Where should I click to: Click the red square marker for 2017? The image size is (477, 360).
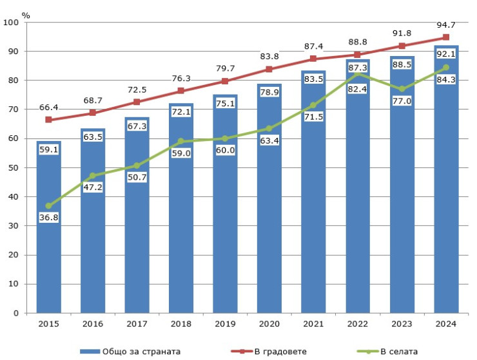point(137,102)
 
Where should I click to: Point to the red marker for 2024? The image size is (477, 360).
point(445,37)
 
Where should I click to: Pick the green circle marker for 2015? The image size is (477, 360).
point(48,206)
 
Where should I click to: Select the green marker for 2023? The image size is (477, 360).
point(402,89)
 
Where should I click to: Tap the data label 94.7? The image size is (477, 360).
point(445,24)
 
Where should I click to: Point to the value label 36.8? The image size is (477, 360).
point(48,218)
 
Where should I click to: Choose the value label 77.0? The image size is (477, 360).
point(402,100)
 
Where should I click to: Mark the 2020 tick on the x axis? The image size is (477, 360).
point(269,325)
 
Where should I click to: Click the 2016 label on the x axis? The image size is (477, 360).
point(93,325)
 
